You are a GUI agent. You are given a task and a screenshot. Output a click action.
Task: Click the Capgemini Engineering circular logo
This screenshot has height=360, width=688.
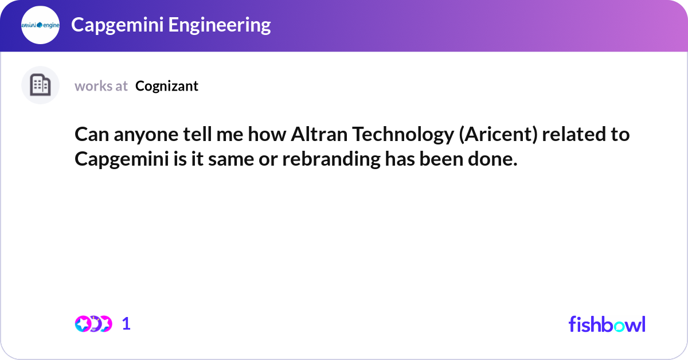(x=40, y=25)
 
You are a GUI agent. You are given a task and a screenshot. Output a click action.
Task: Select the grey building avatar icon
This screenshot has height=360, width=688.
(x=40, y=85)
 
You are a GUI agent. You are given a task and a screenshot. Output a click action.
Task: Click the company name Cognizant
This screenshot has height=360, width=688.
(x=167, y=86)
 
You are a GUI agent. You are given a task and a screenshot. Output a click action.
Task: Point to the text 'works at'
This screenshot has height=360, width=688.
(x=101, y=86)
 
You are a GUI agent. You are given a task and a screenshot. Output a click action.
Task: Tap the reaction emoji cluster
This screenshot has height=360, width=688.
(x=93, y=324)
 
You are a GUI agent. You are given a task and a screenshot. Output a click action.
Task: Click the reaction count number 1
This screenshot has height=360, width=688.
(x=126, y=324)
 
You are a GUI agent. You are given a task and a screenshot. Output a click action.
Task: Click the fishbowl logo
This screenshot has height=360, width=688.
(x=607, y=324)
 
